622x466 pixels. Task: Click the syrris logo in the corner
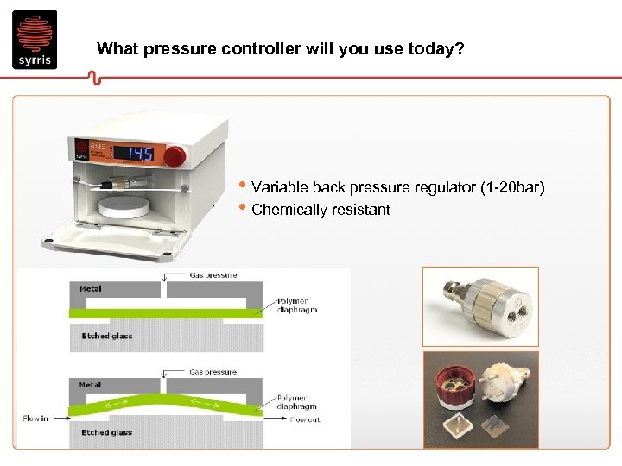tap(35, 40)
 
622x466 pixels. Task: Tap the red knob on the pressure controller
tap(175, 155)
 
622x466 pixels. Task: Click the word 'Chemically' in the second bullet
tap(286, 210)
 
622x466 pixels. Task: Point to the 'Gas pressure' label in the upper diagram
tap(213, 275)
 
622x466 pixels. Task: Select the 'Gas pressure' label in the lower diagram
tap(213, 372)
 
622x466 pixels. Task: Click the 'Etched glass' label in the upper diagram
tap(106, 336)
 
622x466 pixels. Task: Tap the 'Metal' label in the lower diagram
tap(91, 385)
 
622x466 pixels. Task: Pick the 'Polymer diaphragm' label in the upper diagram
tap(297, 305)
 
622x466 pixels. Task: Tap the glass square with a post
tap(462, 426)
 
